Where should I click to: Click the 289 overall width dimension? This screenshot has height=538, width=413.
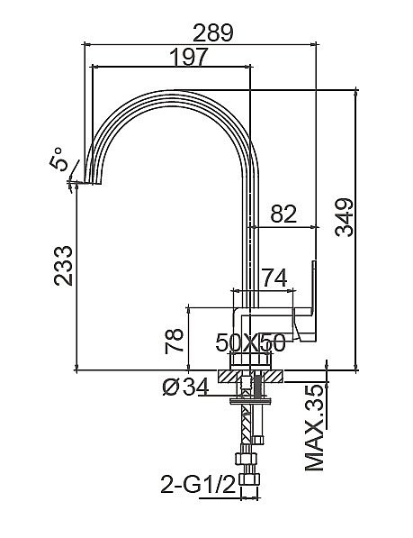213,33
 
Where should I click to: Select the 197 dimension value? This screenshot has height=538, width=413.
189,57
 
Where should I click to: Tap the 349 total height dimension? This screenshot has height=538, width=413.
344,217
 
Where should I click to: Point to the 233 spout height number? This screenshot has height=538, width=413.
64,266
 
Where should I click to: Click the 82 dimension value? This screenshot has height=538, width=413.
283,214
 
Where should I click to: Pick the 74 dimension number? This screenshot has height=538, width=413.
274,278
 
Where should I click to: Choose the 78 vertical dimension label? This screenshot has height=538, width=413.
175,341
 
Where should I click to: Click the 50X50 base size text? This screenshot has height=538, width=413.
250,342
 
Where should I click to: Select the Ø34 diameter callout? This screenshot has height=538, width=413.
185,387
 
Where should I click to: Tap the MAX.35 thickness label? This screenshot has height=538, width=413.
314,428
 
